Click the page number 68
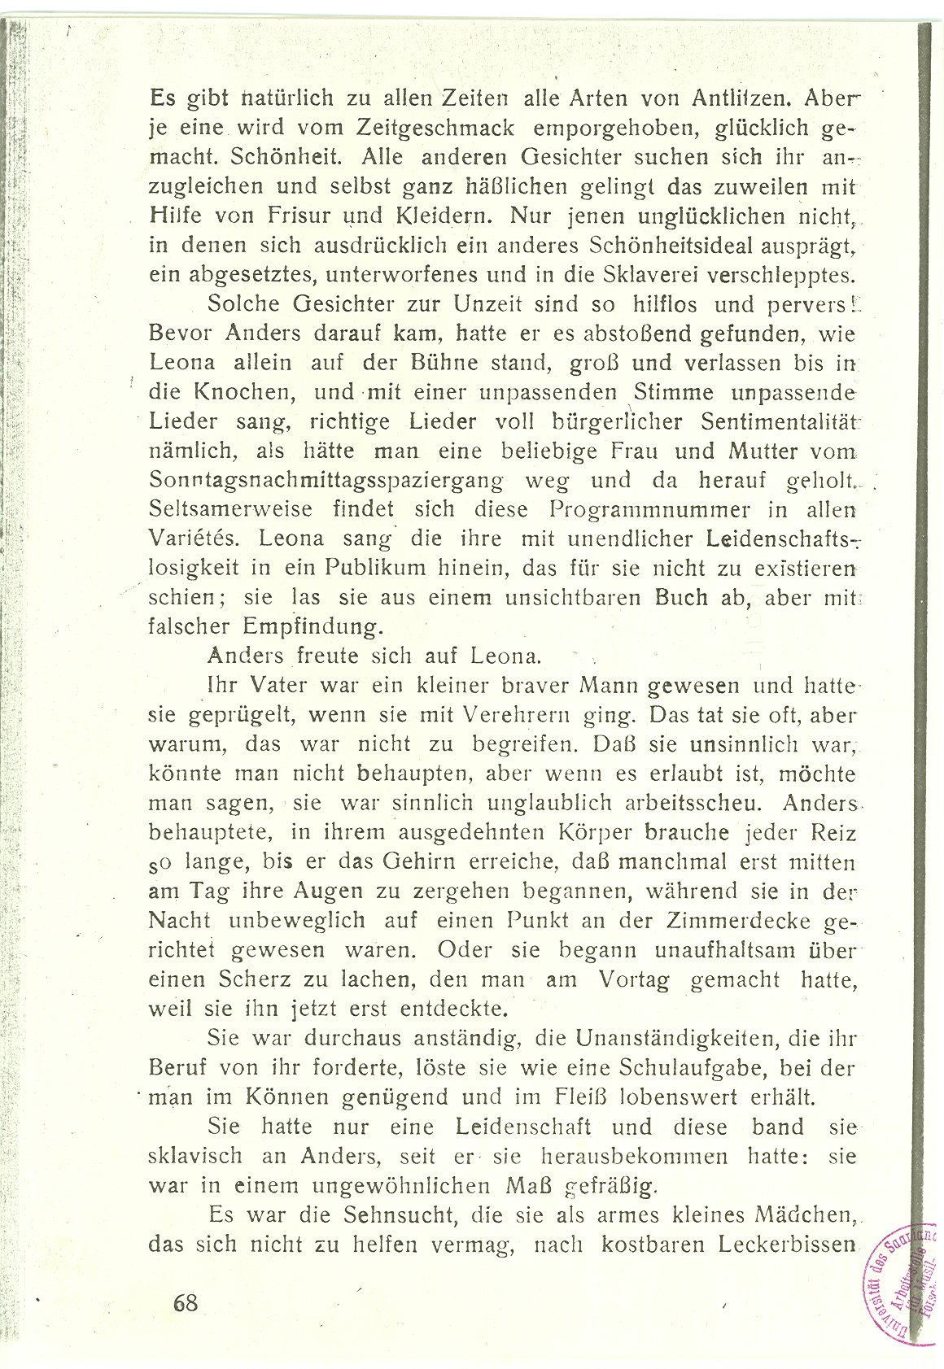point(186,1302)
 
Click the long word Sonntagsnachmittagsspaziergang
point(326,480)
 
